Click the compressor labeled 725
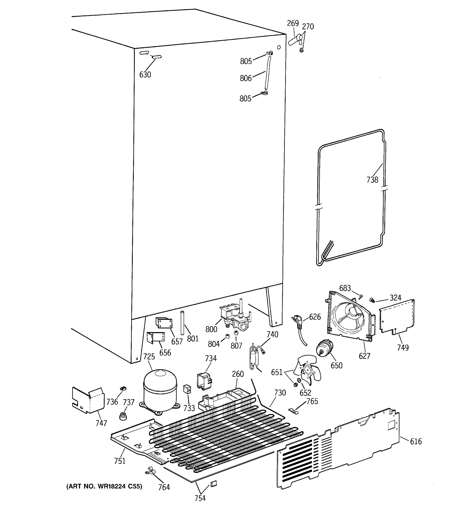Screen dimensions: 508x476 pos(160,390)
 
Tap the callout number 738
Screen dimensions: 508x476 pos(372,180)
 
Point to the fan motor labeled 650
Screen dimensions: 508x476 pos(324,348)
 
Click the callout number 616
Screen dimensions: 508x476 pos(416,442)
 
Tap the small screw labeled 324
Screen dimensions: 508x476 pos(372,300)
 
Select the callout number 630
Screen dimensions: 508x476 pos(145,75)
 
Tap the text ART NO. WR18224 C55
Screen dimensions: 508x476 pos(104,486)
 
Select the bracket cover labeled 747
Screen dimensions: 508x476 pos(88,400)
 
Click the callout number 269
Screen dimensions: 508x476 pos(293,23)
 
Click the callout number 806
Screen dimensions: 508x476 pos(246,78)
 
